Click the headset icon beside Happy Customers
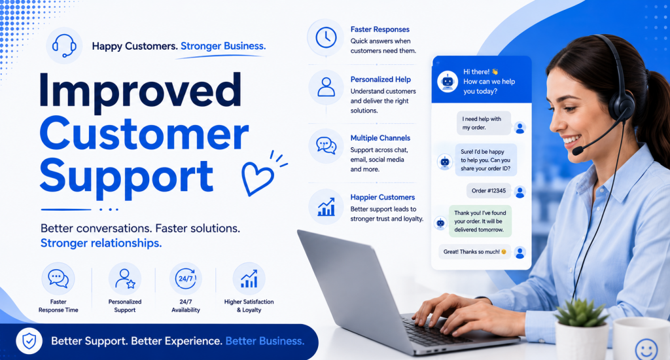[64, 45]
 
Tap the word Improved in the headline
[140, 90]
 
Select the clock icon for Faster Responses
[326, 37]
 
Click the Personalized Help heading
[380, 79]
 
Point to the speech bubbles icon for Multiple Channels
[326, 146]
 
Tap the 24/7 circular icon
[185, 279]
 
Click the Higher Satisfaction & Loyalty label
[249, 306]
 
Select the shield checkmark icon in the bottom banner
[29, 341]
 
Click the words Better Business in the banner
[265, 341]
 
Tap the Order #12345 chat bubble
[489, 190]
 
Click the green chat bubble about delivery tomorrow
[480, 221]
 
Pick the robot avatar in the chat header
[448, 81]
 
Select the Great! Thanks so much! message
[475, 252]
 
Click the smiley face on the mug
[646, 350]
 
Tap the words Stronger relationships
[101, 243]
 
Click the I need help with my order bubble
[484, 123]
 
